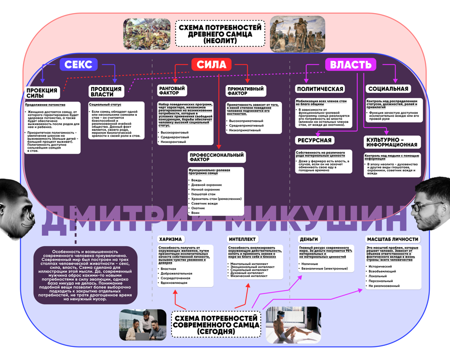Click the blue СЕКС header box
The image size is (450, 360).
tap(79, 64)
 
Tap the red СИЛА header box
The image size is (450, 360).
tap(211, 64)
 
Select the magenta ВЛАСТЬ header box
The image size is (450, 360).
tap(351, 64)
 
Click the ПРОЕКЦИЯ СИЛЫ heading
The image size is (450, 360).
tap(42, 93)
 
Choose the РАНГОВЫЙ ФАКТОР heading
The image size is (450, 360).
tap(173, 91)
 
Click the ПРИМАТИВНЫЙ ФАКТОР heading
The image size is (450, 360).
tap(245, 91)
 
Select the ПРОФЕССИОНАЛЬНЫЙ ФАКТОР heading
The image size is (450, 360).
tap(217, 157)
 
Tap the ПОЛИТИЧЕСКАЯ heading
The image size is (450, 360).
tap(320, 89)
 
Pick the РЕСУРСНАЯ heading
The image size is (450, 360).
tap(315, 140)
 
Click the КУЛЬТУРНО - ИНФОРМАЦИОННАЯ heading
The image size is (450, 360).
tap(392, 142)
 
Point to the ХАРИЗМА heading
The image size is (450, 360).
tap(171, 239)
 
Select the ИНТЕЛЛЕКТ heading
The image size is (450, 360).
tap(243, 239)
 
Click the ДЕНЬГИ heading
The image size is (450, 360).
tap(309, 239)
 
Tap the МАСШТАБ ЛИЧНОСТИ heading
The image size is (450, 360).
tap(392, 239)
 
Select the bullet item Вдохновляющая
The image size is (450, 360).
tap(174, 283)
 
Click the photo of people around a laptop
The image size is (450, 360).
tap(143, 324)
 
